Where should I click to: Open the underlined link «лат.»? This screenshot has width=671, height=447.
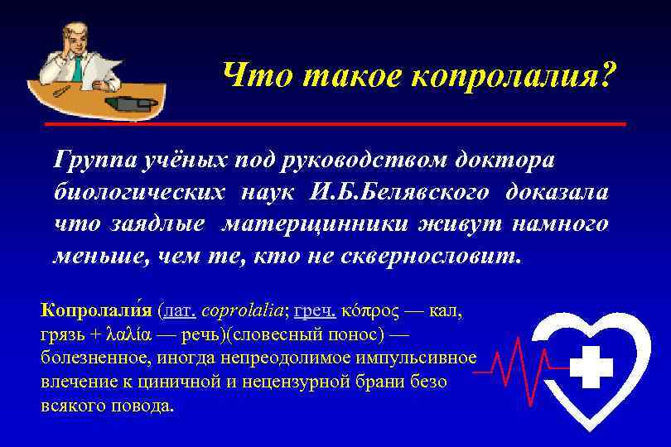[180, 312]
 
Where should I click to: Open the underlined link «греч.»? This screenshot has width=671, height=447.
[315, 312]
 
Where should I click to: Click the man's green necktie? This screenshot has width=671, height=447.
[77, 66]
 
